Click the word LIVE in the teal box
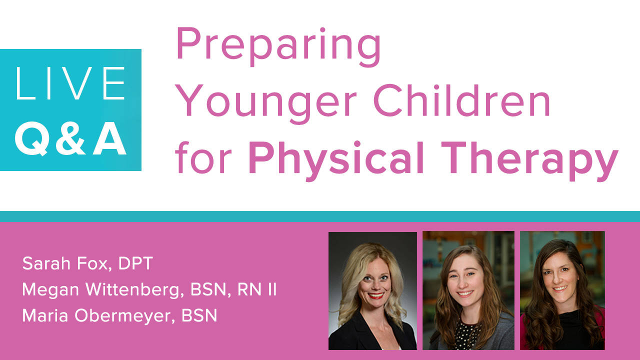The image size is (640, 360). [x=70, y=83]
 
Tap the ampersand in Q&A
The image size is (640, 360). [x=70, y=138]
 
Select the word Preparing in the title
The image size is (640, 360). [x=278, y=46]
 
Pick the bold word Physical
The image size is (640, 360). [x=336, y=160]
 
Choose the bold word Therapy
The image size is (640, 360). [x=530, y=160]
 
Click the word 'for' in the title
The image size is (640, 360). [x=203, y=157]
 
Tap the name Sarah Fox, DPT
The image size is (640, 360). [x=87, y=263]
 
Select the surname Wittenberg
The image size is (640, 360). [x=134, y=289]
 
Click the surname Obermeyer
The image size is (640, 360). [x=125, y=316]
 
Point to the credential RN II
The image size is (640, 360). [x=257, y=289]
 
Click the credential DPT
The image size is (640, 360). [x=135, y=263]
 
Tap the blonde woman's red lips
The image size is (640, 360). [x=375, y=295]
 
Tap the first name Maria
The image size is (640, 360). [x=45, y=315]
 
